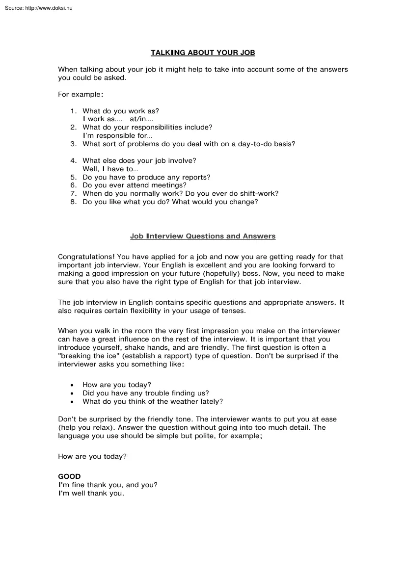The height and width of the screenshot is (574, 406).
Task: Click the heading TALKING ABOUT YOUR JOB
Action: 203,52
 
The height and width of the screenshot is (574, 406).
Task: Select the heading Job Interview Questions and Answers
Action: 203,236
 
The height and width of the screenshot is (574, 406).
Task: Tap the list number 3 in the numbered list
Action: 73,144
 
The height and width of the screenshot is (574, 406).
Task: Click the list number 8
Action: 73,202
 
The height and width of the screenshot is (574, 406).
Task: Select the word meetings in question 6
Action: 170,185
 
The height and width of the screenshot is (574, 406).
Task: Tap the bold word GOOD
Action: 69,476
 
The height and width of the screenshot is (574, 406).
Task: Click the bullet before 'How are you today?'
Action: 72,385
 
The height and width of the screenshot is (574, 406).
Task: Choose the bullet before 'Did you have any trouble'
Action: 72,393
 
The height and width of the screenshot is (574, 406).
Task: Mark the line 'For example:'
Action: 81,94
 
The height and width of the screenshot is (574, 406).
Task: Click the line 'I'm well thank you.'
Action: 91,493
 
